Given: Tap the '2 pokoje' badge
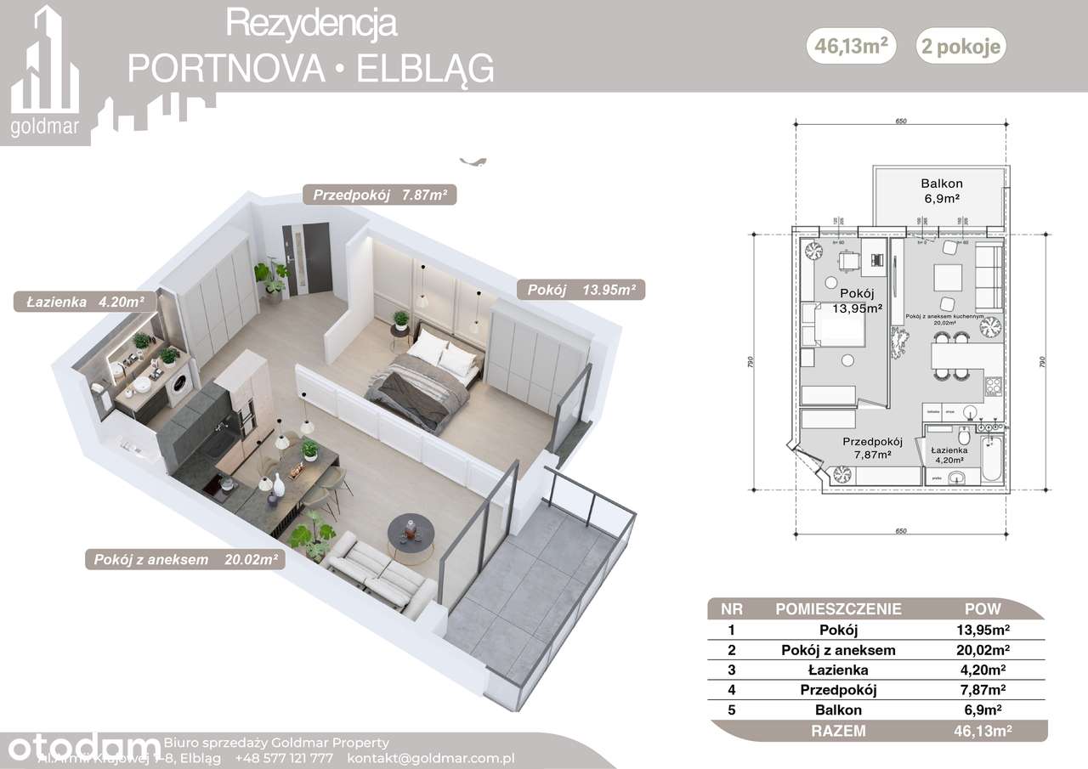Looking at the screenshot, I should pos(960,48).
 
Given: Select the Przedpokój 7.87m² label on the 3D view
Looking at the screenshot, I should pos(380,195).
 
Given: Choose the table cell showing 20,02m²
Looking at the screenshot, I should pos(983,650).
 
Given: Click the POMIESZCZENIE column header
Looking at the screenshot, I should pos(838,609).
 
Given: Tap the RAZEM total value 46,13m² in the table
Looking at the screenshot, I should pos(983,730).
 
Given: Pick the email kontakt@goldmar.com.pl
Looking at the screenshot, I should pos(431,758).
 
